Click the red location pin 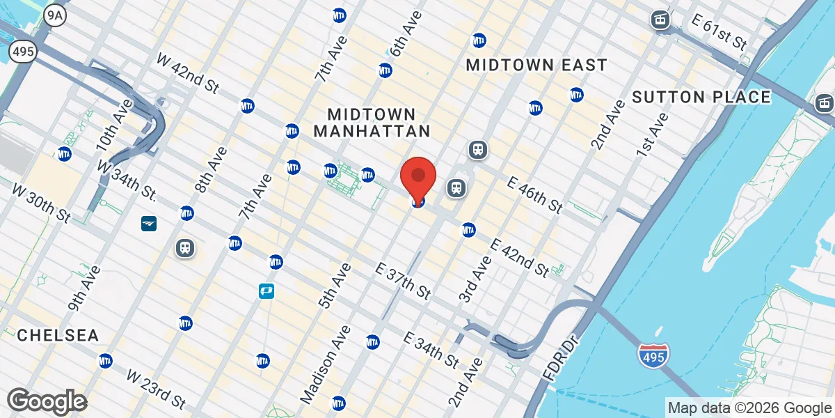coord(418,178)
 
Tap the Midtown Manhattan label coord(372,122)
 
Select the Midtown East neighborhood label coord(536,65)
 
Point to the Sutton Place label coord(701,97)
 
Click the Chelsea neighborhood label coord(58,335)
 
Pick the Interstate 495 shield coord(653,355)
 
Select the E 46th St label coord(534,195)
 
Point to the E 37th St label coord(404,281)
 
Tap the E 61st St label coord(719,32)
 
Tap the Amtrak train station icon coord(149,223)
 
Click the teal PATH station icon coord(266,291)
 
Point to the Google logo coord(47,401)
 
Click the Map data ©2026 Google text coord(749,408)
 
